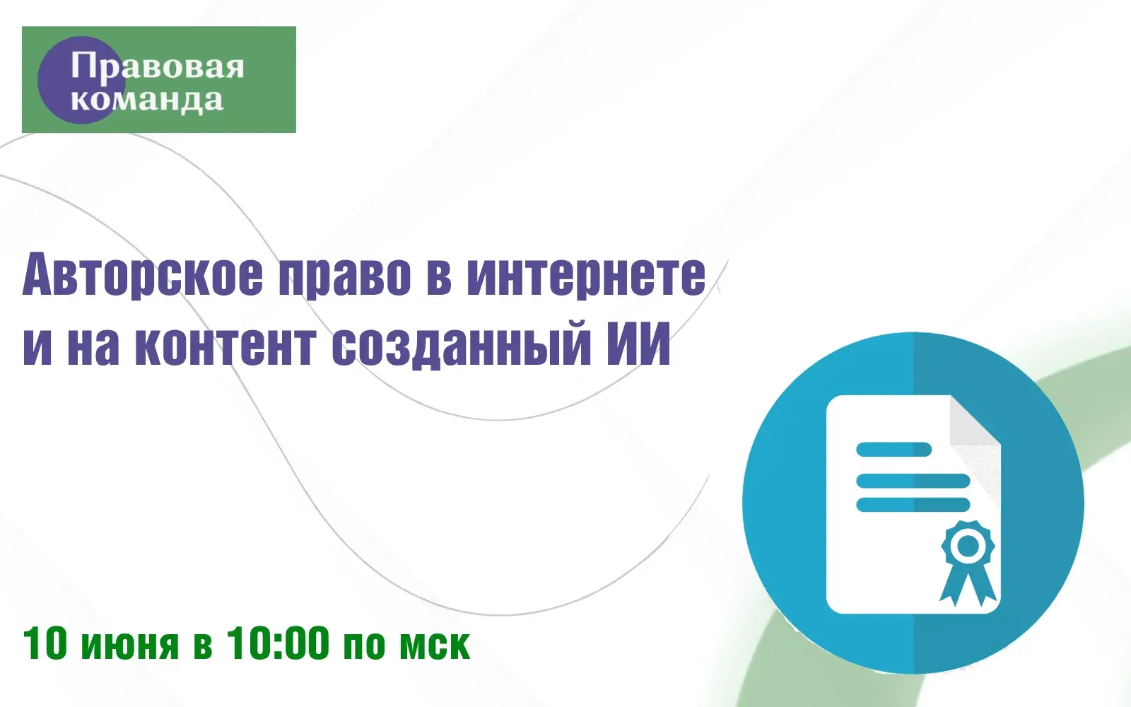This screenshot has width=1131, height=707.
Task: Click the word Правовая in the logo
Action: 157,66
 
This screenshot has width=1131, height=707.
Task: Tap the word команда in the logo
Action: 147,100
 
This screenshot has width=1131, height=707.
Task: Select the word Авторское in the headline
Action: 143,276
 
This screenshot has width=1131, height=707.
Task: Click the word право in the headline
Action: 345,279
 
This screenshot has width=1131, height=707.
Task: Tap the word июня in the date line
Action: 130,645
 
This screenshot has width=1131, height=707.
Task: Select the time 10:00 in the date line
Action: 277,643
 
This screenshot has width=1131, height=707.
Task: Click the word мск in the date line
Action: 435,645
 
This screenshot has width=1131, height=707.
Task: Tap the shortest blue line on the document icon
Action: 893,449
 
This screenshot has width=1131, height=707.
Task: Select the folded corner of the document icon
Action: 975,421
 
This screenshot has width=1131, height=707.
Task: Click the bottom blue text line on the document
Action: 913,505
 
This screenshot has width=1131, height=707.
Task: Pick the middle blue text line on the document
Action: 913,481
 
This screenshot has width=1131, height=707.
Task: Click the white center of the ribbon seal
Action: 968,545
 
